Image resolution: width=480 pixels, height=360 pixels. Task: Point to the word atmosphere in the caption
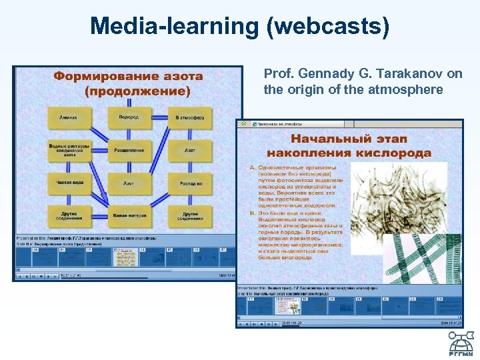tap(405, 89)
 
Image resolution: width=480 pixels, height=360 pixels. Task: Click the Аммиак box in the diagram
tap(69, 117)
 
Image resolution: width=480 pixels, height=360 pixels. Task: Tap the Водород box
tap(129, 117)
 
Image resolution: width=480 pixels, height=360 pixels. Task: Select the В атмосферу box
tap(190, 117)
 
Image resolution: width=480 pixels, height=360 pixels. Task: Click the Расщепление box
tap(129, 150)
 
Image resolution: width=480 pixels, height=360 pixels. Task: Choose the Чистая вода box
tap(69, 183)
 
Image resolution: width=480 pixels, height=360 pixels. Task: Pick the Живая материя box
tap(129, 215)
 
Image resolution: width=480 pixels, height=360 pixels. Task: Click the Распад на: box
tap(190, 183)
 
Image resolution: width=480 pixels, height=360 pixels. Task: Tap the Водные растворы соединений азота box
tap(69, 150)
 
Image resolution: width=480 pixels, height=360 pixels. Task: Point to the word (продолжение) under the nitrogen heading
tap(128, 90)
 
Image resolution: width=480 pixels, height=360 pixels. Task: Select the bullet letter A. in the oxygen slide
tap(252, 167)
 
